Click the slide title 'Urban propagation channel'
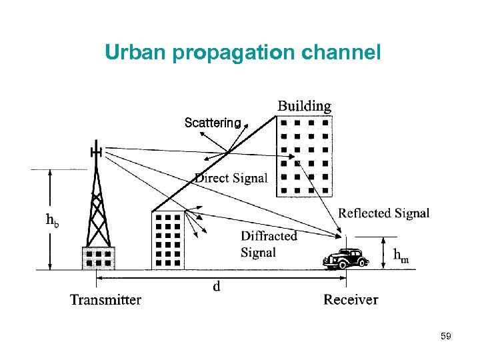pos(243,52)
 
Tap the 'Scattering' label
pos(212,123)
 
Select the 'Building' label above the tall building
pos(304,106)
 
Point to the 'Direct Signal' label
pos(231,178)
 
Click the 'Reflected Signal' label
pos(383,213)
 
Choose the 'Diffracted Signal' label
pos(268,244)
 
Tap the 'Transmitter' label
pos(105,299)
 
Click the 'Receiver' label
pos(351,299)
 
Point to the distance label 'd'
pos(216,287)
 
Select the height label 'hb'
pos(52,220)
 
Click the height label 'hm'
pos(401,255)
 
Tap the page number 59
pos(446,337)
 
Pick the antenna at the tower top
pos(96,152)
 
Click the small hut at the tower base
pos(98,258)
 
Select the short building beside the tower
pos(167,240)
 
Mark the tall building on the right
pos(304,157)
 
